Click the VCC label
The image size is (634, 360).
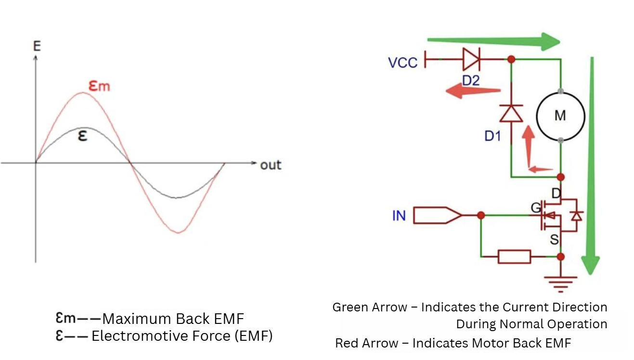(402, 63)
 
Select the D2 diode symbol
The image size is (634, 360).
(471, 59)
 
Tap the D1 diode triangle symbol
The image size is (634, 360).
(511, 113)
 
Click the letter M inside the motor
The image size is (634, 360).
(560, 116)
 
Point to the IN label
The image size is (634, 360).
(399, 216)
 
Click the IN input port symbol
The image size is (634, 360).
(438, 216)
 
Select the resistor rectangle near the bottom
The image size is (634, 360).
(514, 257)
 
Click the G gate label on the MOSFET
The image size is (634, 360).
(536, 208)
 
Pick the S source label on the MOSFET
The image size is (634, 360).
(555, 240)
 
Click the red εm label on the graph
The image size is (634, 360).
(99, 86)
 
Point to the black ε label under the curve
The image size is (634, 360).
(82, 136)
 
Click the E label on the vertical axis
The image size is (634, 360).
(37, 46)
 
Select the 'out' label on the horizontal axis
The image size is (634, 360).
(271, 165)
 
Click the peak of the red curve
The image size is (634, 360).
(82, 92)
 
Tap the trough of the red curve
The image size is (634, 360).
(178, 232)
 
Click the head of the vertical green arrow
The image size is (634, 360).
(591, 265)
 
